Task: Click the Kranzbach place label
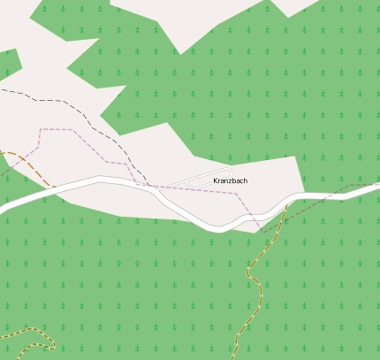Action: (231, 180)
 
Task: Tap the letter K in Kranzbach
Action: (216, 180)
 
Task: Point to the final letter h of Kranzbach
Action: (245, 180)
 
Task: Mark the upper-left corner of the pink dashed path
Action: (41, 129)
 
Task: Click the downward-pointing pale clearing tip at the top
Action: (181, 51)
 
